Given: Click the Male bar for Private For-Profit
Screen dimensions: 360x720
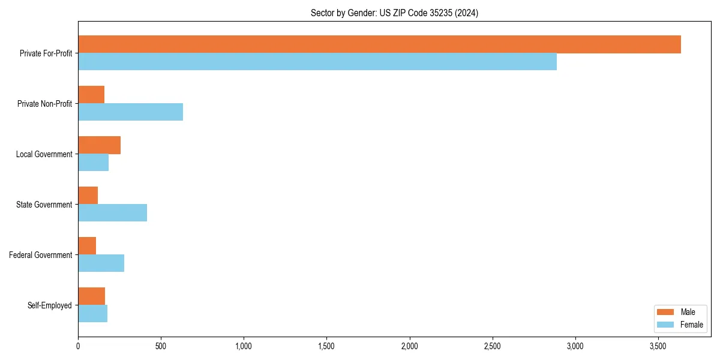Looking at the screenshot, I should [379, 44].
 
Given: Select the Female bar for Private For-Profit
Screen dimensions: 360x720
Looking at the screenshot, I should [317, 62].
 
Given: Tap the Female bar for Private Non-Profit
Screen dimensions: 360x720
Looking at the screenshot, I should [130, 112].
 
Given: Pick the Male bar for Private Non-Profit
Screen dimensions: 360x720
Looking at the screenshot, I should [91, 95].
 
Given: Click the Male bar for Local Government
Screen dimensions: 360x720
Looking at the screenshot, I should [99, 145].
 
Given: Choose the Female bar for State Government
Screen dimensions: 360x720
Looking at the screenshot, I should [112, 213].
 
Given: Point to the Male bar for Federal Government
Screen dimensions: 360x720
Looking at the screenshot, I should [87, 246].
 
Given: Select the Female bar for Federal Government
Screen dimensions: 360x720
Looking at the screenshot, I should [101, 263].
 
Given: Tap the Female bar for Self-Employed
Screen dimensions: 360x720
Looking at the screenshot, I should [92, 314].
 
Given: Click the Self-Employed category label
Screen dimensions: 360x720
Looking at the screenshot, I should [50, 305].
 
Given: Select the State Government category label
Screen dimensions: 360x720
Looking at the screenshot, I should [44, 205].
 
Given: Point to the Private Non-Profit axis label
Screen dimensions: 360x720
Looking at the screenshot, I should [44, 104].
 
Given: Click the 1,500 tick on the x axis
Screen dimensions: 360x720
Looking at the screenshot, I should [326, 346].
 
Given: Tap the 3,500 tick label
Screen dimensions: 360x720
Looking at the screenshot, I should [658, 346].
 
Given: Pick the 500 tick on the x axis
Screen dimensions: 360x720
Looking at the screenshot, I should [161, 346].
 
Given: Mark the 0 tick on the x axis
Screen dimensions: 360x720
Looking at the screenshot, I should [78, 346].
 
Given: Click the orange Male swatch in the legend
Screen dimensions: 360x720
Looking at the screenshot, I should [665, 312].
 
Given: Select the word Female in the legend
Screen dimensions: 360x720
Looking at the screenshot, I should [692, 325].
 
